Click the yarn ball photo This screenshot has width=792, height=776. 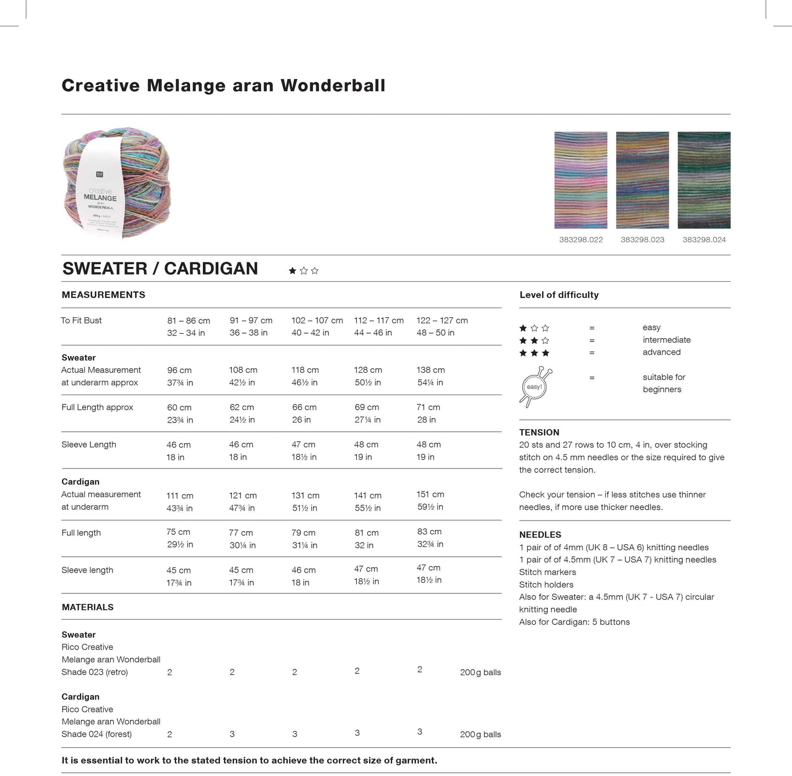117,182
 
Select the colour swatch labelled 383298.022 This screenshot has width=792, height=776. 580,180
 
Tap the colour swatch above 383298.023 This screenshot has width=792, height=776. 642,180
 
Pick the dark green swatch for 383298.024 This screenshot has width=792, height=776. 704,180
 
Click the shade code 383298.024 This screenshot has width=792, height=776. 704,239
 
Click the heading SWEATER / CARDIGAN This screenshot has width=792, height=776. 160,269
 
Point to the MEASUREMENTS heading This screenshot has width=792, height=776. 104,295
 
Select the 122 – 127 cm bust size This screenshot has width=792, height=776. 442,321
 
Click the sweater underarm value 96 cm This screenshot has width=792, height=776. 179,370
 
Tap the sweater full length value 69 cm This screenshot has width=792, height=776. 367,408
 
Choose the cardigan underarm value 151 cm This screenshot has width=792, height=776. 430,494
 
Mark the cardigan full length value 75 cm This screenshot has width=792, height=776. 178,532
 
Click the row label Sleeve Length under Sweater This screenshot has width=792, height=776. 89,444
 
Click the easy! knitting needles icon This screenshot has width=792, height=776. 535,387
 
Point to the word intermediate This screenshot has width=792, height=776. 666,340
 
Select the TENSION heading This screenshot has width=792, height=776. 539,432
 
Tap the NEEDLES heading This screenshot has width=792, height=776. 540,535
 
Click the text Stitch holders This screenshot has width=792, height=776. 546,585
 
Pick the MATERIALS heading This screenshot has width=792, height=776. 88,607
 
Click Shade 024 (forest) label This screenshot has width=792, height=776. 96,734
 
